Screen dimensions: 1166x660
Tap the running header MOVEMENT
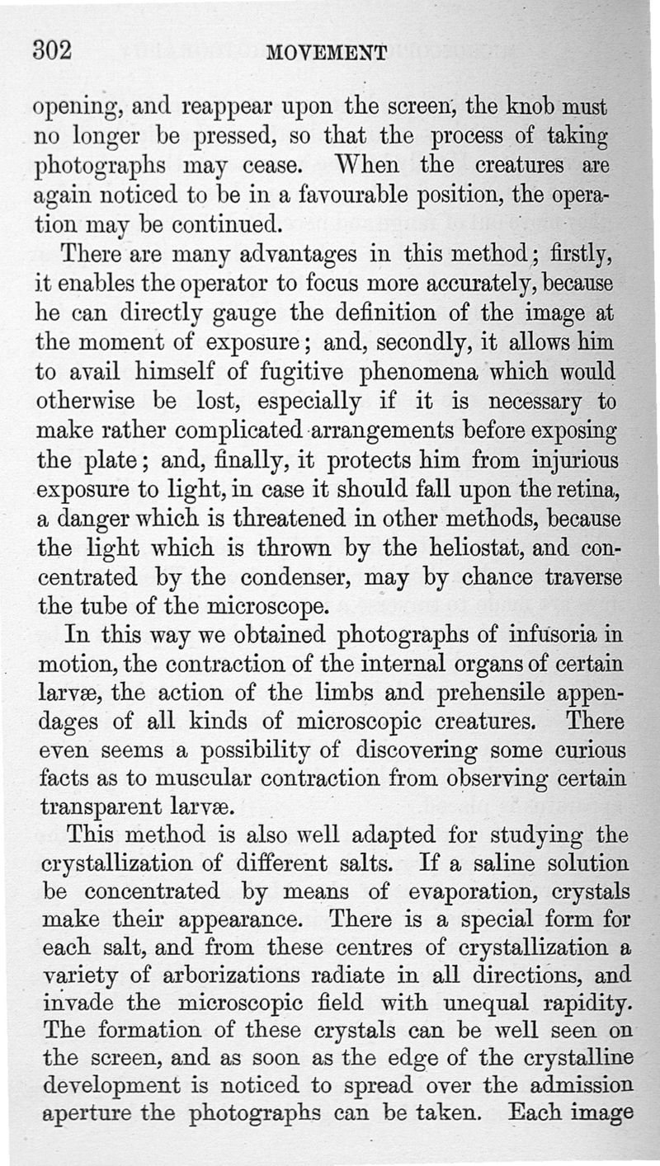(328, 54)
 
